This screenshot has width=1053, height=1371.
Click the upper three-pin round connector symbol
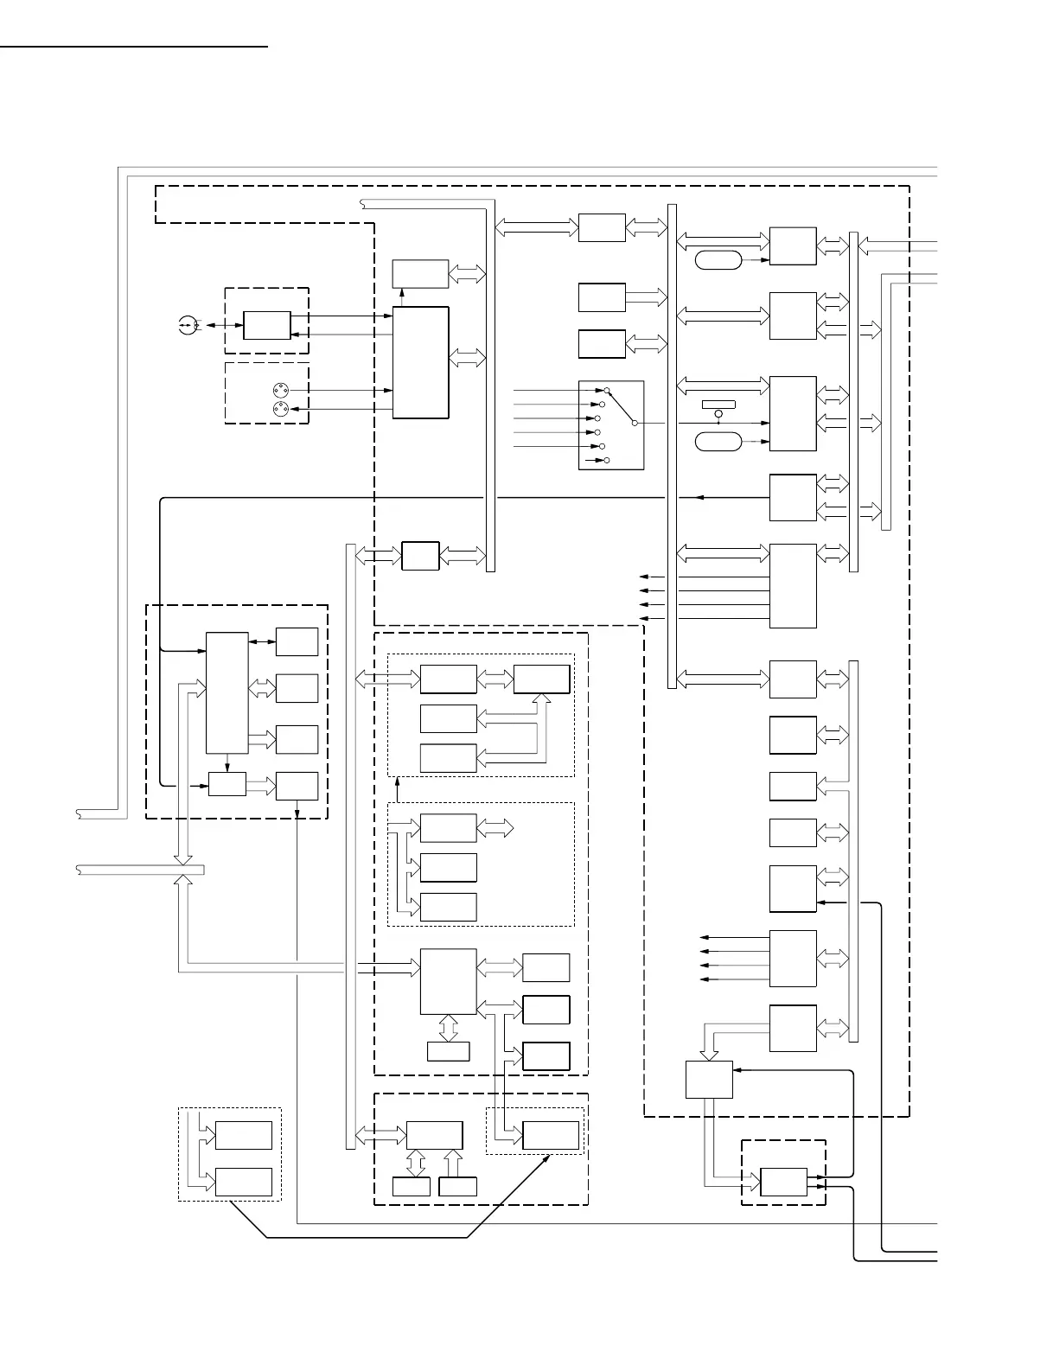pos(280,390)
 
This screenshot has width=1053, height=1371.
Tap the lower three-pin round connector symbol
pos(280,408)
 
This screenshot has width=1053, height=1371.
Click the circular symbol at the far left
pos(187,326)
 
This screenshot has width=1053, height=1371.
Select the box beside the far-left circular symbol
pos(267,325)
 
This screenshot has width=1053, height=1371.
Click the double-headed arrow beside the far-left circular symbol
pos(223,325)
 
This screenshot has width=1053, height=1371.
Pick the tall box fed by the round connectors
pos(421,362)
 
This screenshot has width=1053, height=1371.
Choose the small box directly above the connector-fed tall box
pos(420,273)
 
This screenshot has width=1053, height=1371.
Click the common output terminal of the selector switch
pos(635,423)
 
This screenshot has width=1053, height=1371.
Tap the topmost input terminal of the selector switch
pos(607,390)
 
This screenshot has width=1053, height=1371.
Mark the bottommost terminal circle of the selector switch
pos(606,461)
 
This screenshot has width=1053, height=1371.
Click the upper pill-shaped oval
pos(718,259)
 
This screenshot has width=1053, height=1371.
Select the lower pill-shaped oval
pos(718,442)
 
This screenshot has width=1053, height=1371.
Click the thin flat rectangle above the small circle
pos(718,404)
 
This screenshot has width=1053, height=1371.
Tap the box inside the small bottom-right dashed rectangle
pos(783,1183)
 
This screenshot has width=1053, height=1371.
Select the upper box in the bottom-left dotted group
pos(244,1135)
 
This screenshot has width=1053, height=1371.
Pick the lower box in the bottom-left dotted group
pos(244,1182)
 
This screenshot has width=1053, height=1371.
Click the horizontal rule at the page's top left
pos(134,46)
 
